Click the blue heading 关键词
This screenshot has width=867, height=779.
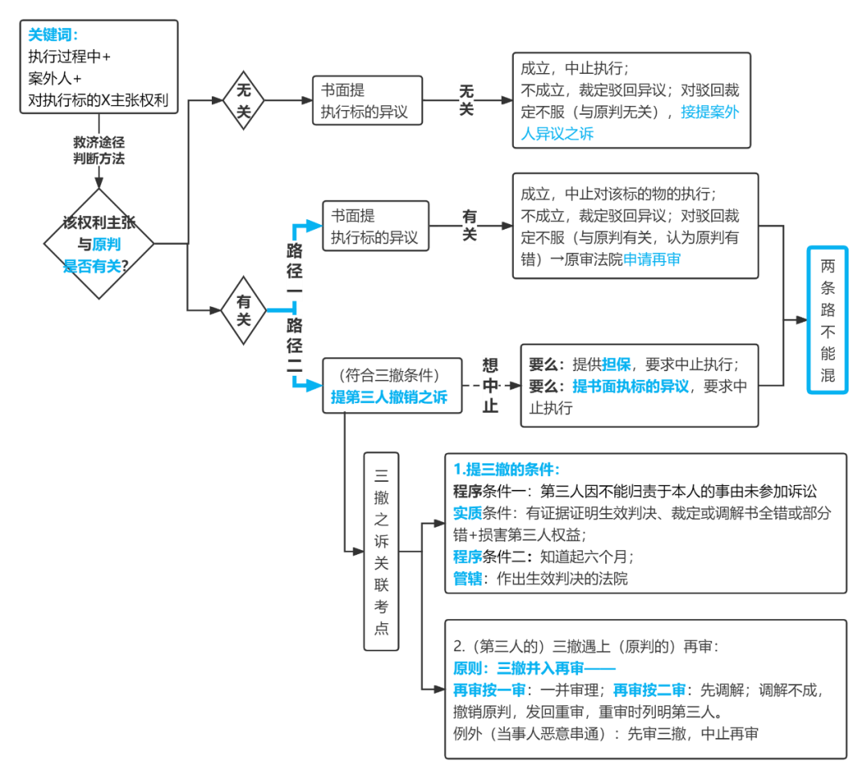[54, 35]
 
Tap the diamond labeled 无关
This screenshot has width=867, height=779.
[243, 100]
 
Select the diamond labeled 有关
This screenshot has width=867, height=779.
[243, 309]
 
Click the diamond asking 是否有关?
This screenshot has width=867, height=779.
[98, 244]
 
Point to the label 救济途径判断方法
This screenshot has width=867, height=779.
[99, 149]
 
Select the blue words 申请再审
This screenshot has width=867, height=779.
[652, 259]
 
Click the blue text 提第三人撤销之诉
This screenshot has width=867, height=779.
[389, 397]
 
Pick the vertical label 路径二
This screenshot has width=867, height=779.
[295, 346]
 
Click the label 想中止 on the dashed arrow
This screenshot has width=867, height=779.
[490, 385]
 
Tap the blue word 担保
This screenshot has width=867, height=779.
[615, 364]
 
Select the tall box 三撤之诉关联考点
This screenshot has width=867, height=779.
[381, 551]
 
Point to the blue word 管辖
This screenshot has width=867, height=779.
[467, 578]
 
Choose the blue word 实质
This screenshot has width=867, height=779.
[467, 513]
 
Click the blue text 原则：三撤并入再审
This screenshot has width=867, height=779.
[534, 668]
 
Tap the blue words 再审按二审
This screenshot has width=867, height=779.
[649, 690]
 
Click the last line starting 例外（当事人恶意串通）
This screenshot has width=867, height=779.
[605, 733]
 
